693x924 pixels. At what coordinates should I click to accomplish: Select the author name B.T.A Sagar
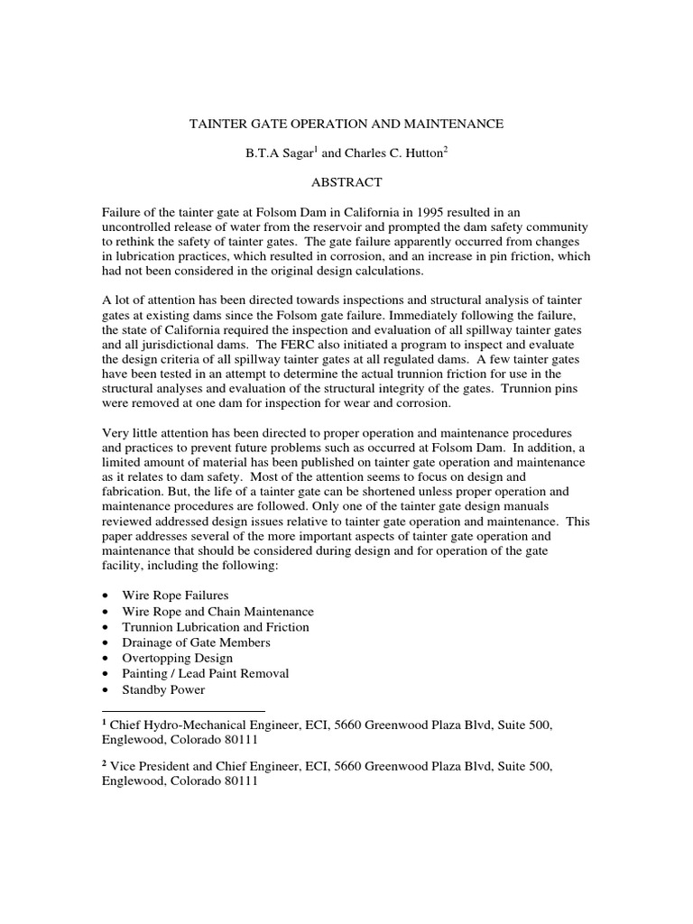(270, 153)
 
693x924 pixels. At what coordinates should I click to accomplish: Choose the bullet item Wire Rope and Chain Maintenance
(218, 612)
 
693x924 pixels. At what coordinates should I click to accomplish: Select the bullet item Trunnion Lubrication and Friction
(216, 627)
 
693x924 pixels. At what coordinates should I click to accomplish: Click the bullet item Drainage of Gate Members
(196, 642)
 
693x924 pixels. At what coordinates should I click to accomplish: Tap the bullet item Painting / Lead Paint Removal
(212, 674)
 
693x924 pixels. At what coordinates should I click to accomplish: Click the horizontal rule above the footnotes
(183, 711)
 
